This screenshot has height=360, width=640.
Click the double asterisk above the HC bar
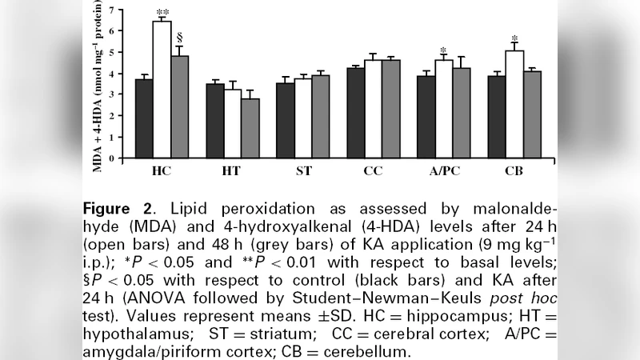tap(162, 12)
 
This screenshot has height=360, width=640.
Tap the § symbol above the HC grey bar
tap(181, 37)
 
